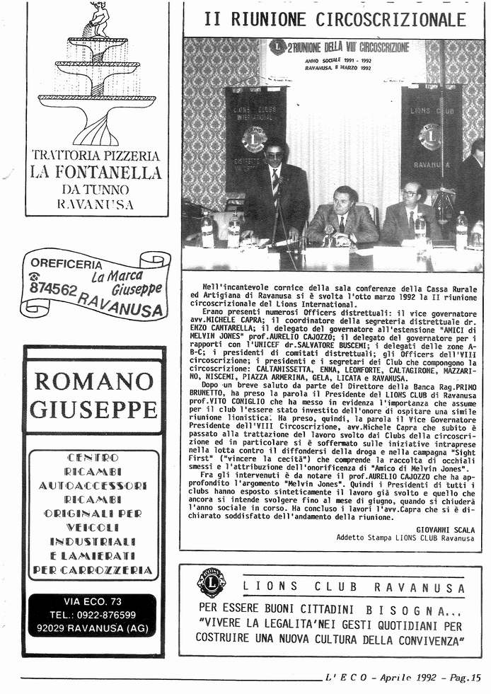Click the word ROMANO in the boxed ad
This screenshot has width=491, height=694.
[x=93, y=381]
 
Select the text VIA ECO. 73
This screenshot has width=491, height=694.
[x=92, y=601]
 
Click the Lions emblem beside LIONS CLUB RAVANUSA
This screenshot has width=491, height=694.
[x=211, y=584]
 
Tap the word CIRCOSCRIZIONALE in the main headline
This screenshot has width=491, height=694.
[x=391, y=20]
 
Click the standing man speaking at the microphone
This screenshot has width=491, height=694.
[x=275, y=191]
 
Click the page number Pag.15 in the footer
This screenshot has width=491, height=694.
[x=466, y=677]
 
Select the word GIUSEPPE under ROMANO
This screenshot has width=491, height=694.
[x=93, y=409]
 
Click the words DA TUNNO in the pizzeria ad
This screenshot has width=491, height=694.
[x=95, y=189]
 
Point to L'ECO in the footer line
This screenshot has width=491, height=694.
[x=347, y=677]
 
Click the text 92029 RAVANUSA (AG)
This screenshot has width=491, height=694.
[x=92, y=628]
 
